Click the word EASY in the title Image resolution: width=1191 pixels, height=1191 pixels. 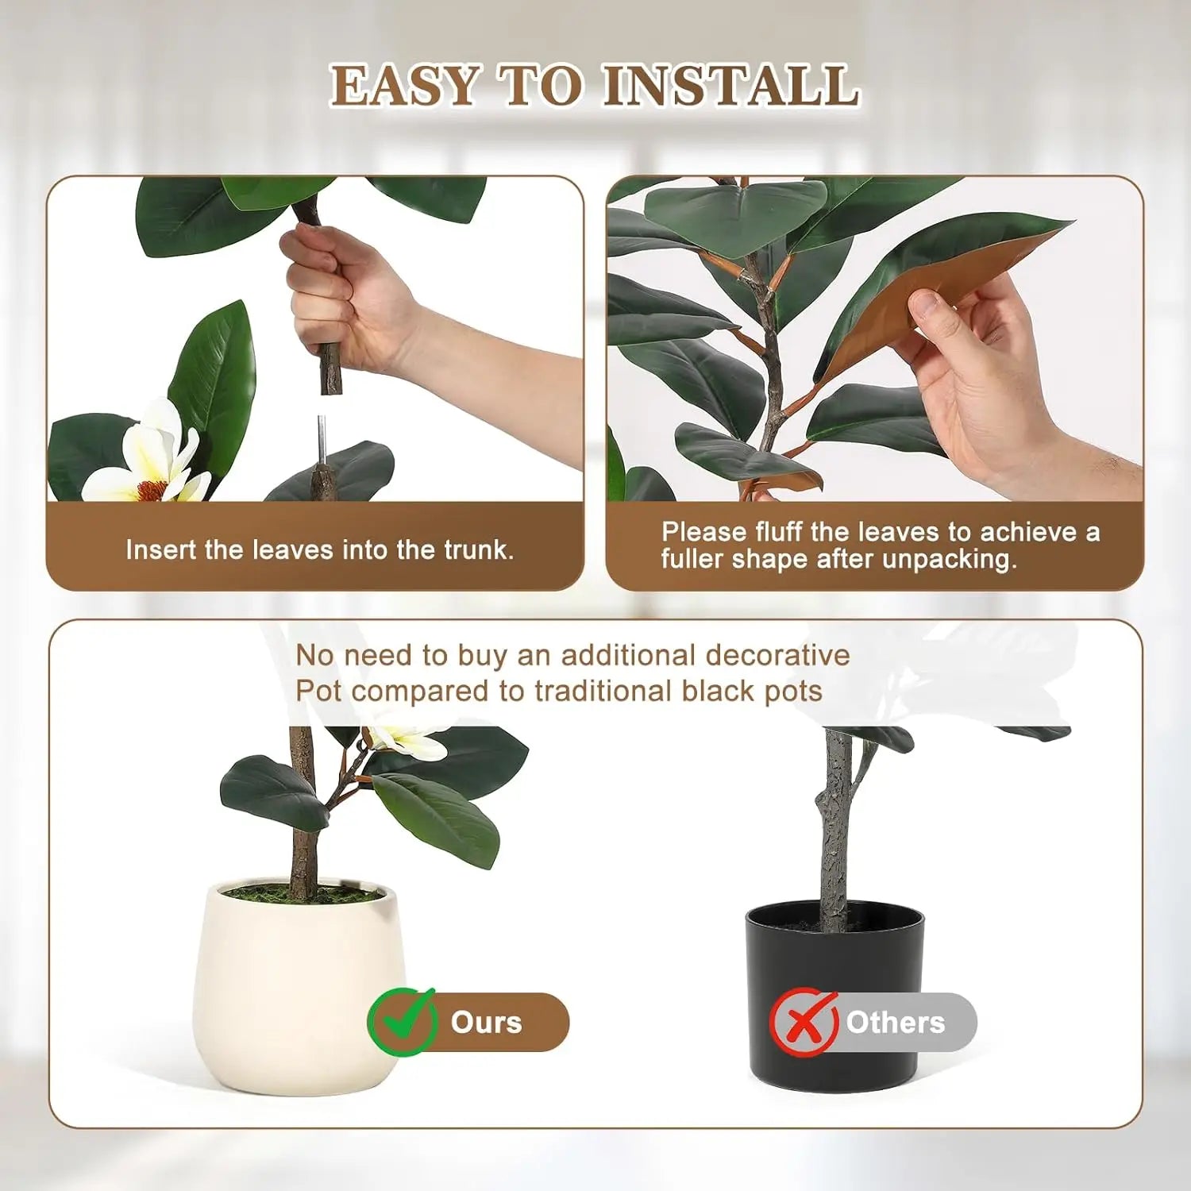405,86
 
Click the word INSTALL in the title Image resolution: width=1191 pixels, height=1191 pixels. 730,86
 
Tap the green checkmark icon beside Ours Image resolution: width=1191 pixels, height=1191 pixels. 402,1022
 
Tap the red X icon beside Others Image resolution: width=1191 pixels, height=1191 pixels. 804,1022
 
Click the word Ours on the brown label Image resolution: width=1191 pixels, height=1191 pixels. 486,1023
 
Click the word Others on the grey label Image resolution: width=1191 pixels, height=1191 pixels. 895,1023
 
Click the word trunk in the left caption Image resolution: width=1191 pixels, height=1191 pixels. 476,550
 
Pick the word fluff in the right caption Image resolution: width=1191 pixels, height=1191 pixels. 780,532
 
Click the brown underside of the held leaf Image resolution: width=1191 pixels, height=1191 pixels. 937,286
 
